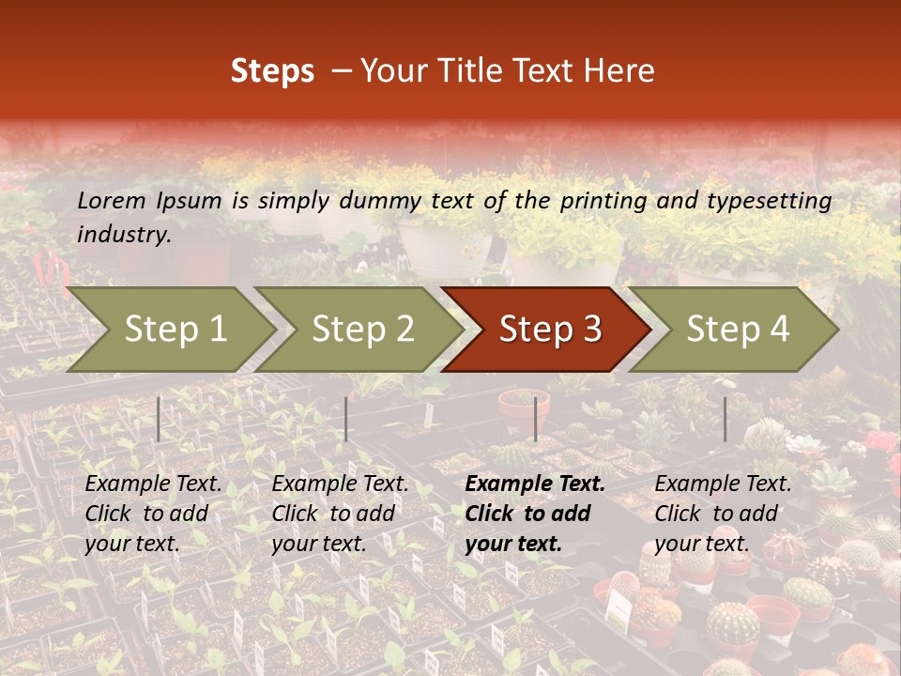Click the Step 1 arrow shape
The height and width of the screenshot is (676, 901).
point(174,330)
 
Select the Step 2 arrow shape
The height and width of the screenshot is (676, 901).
point(361,330)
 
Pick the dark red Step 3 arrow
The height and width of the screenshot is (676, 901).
point(549,330)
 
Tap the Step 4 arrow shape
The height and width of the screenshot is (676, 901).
point(737,330)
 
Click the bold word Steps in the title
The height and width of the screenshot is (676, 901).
point(272,70)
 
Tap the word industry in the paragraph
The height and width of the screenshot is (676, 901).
point(123,234)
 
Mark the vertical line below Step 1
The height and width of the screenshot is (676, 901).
point(159,419)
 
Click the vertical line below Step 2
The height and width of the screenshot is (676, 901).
point(346,419)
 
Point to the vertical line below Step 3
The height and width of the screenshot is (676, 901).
point(535,419)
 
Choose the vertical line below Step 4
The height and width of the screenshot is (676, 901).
point(725,419)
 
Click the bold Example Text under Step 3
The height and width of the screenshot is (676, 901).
point(535,484)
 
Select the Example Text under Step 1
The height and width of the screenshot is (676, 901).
point(153,484)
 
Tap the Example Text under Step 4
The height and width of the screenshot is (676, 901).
point(723,484)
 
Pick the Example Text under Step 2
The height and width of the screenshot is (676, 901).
point(340,484)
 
